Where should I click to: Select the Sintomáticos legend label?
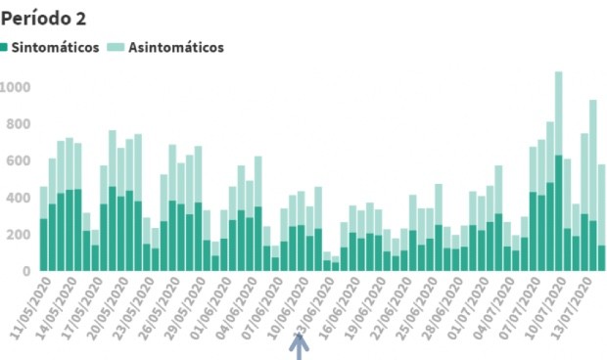tap(56, 47)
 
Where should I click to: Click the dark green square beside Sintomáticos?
tap(6, 47)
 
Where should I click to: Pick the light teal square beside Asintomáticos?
tap(115, 47)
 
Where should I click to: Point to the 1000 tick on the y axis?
tap(17, 88)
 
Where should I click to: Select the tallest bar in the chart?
tap(558, 176)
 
